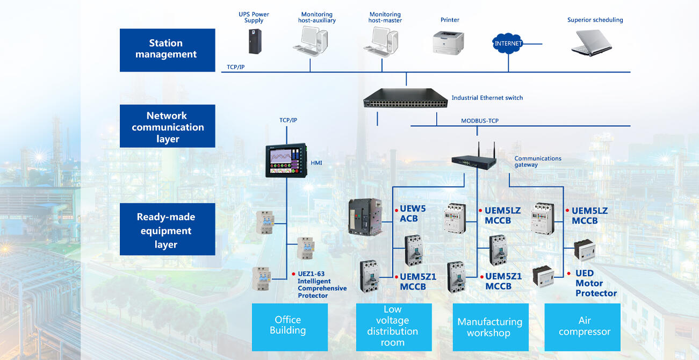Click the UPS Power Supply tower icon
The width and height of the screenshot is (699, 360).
tap(254, 41)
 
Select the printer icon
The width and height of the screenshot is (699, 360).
tap(448, 42)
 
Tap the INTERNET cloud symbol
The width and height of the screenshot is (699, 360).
tap(508, 43)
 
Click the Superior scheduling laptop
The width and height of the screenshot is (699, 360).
tap(591, 42)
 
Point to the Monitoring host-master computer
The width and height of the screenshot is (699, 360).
tap(383, 41)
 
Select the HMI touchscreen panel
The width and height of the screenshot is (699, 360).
tap(286, 160)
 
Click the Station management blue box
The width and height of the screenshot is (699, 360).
tap(167, 49)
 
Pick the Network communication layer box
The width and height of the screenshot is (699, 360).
tap(167, 127)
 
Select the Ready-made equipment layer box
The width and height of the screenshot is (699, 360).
tap(167, 230)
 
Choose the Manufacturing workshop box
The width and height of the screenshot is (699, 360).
tap(491, 327)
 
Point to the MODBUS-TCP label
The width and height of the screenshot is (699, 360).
tap(480, 121)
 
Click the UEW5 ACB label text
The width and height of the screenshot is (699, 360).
tap(413, 214)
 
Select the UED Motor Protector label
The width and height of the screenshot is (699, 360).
tap(595, 283)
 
